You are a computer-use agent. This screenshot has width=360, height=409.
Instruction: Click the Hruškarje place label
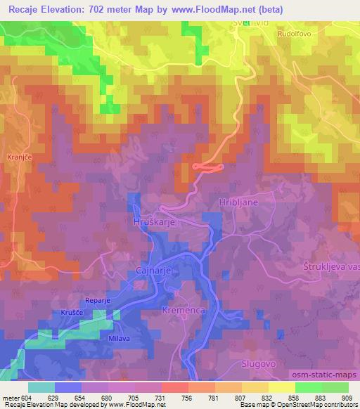click(x=153, y=221)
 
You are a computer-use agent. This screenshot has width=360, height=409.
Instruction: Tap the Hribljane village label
click(x=240, y=201)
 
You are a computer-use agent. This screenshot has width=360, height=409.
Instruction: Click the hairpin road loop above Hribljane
click(x=207, y=167)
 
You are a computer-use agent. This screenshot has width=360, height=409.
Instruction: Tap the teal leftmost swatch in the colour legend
click(x=41, y=387)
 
